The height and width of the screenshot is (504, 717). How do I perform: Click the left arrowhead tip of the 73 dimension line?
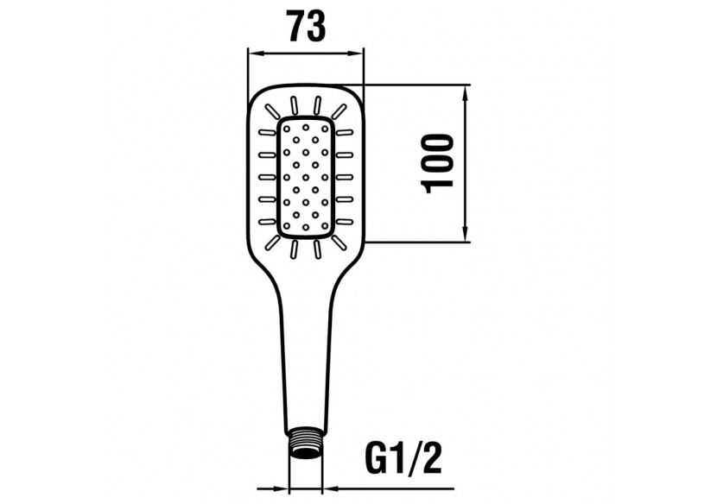point(247,54)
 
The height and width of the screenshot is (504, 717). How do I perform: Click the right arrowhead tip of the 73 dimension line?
point(363,54)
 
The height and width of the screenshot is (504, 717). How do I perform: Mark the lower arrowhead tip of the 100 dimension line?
point(466,242)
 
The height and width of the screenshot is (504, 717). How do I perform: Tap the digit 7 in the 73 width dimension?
point(296,27)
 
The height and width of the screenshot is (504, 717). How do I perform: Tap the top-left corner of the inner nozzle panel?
point(279,119)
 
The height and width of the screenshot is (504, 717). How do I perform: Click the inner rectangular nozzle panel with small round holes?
point(306,177)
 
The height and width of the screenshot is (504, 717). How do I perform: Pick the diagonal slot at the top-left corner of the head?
point(272,110)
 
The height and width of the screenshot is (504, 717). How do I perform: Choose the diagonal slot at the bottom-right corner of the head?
point(339,243)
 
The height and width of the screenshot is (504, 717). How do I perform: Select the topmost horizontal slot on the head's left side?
point(268,133)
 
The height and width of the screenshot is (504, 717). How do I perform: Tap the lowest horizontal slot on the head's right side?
point(345,222)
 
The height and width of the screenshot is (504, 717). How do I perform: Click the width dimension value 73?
point(307,27)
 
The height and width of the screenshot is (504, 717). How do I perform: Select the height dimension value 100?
point(439,164)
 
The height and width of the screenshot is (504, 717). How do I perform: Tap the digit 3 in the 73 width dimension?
point(317,27)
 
